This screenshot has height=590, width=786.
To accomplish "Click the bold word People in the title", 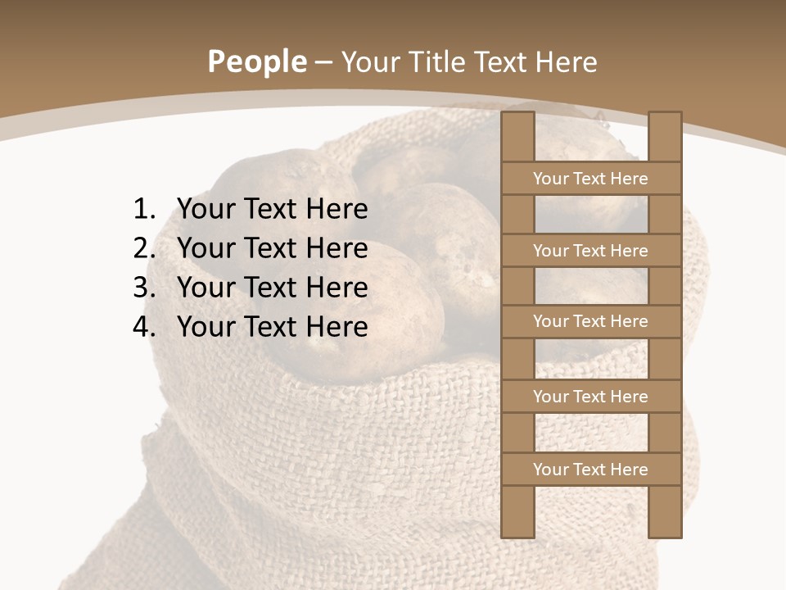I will [x=257, y=62].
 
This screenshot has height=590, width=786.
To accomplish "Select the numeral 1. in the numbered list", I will [x=144, y=210].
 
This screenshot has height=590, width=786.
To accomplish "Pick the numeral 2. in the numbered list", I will [x=144, y=248].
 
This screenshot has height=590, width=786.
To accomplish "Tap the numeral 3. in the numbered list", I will [x=144, y=288].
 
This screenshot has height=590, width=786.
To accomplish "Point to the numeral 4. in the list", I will [x=144, y=327].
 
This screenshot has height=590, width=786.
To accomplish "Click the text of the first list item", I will [x=272, y=210].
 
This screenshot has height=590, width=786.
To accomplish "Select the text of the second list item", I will [x=272, y=248].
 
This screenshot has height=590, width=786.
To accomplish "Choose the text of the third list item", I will [x=272, y=288].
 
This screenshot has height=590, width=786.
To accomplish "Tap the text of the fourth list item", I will [x=272, y=327].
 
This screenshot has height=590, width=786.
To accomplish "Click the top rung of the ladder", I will [x=590, y=179].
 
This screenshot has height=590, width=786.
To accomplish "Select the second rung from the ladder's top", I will [x=590, y=251].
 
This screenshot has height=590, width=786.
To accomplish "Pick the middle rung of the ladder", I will [x=590, y=321].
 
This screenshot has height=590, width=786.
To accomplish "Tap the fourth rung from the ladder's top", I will [x=590, y=397].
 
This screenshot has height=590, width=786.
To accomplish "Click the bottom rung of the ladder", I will [x=590, y=470].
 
